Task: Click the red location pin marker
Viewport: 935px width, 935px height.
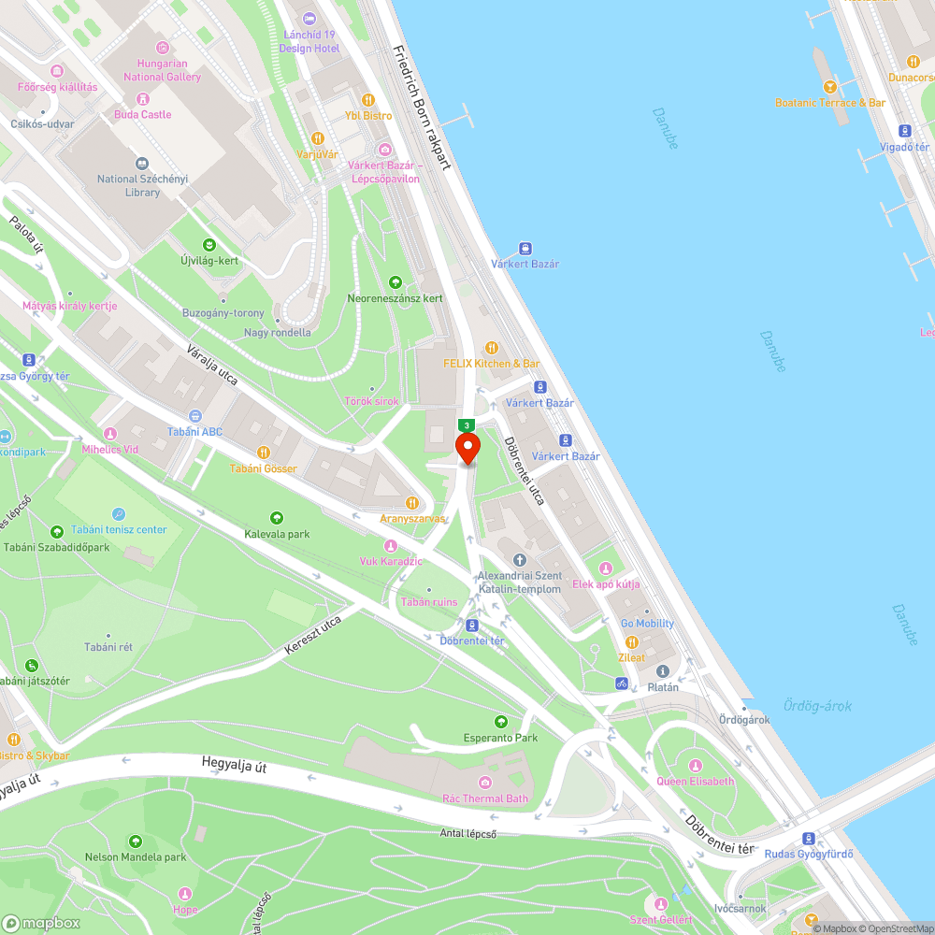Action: pyautogui.click(x=467, y=447)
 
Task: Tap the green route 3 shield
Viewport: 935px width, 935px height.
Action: pyautogui.click(x=467, y=425)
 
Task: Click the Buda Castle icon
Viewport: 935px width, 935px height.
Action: pyautogui.click(x=143, y=98)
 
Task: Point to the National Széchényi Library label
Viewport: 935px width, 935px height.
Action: pyautogui.click(x=142, y=185)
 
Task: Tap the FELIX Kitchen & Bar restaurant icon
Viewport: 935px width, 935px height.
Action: pyautogui.click(x=492, y=348)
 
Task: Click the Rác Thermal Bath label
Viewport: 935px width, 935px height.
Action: pyautogui.click(x=485, y=798)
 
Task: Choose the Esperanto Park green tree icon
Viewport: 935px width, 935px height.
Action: pyautogui.click(x=501, y=722)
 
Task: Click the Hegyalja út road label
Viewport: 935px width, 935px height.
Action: pyautogui.click(x=235, y=766)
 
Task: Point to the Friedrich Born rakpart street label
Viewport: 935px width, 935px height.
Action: pyautogui.click(x=423, y=108)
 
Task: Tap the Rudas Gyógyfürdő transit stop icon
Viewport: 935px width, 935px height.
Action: pyautogui.click(x=810, y=838)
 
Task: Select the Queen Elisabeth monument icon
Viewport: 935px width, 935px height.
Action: pyautogui.click(x=696, y=765)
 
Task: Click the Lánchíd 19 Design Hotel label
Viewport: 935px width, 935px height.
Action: pyautogui.click(x=310, y=41)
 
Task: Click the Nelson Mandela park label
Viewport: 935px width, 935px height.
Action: pyautogui.click(x=136, y=856)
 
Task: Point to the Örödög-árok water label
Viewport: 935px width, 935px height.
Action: pyautogui.click(x=817, y=706)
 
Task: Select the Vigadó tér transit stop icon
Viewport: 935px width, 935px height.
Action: pyautogui.click(x=905, y=131)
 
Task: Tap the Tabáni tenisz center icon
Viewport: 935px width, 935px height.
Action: pyautogui.click(x=119, y=513)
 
